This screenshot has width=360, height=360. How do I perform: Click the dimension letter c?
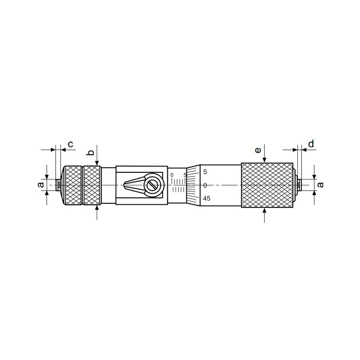pos(71,144)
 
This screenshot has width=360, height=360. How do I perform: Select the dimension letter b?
pos(91,153)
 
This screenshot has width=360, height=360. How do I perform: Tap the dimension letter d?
pos(311,144)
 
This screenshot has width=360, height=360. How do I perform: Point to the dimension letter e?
pos(258,150)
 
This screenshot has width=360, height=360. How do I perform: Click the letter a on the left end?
pos(40,184)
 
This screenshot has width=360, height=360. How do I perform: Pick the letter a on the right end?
pos(320,184)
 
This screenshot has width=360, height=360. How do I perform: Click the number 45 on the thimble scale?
pos(207,198)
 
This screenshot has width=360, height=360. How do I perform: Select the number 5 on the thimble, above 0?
pos(205,172)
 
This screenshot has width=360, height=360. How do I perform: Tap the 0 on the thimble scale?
pos(205,185)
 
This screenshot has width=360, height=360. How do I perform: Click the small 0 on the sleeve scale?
pos(172,175)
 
